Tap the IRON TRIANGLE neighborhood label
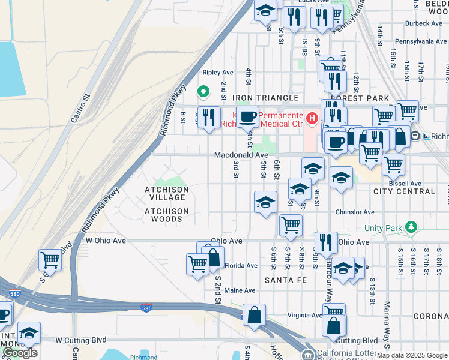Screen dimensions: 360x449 pos(265,98)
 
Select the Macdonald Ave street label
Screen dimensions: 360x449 pos(242,155)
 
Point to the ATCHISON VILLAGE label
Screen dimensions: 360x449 pos(166,193)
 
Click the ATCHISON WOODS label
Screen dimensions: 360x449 pos(166,215)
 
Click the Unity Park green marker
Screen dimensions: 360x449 pos(411,227)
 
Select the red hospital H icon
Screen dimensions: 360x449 pos(311,119)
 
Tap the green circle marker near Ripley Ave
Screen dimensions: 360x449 pos(203,92)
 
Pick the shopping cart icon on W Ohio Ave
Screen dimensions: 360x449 pos(50,260)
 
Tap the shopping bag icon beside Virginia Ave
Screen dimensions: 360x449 pos(255,314)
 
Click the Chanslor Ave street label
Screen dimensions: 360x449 pos(355,212)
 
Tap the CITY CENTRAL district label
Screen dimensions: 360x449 pos(404,191)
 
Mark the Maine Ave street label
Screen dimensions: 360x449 pos(240,290)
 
